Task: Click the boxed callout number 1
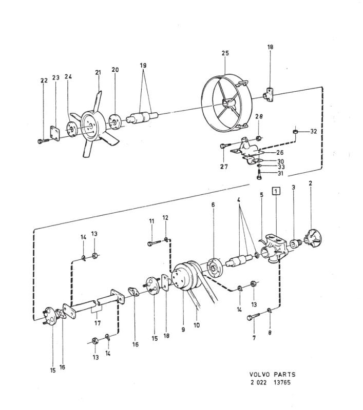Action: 276,191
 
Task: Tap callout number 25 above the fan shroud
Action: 225,53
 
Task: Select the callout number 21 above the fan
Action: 98,72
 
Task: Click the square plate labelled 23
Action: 55,133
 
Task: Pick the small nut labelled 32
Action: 295,131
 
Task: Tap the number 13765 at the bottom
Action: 282,382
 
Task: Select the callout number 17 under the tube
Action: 98,323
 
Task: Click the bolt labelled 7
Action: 253,317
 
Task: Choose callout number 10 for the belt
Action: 197,325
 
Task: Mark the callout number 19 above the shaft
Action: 143,66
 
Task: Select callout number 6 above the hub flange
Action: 213,204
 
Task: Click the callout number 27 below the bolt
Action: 224,167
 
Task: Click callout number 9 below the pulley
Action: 183,330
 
